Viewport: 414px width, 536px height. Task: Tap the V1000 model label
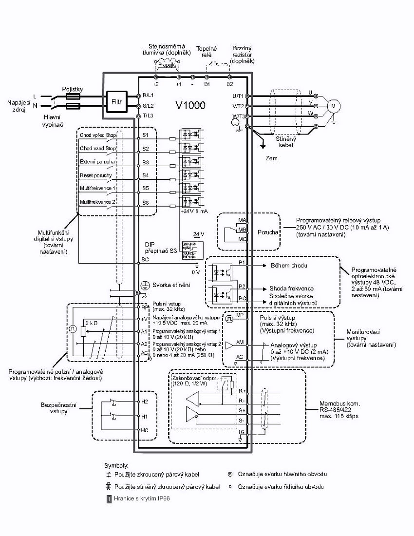pyautogui.click(x=190, y=105)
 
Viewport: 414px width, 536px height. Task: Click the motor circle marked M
pyautogui.click(x=334, y=105)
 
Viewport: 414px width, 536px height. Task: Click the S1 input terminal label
pyautogui.click(x=145, y=134)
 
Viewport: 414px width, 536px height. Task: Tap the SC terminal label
pyautogui.click(x=145, y=259)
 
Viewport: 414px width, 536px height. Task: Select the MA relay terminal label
pyautogui.click(x=242, y=221)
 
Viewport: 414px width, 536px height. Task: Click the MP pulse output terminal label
pyautogui.click(x=240, y=315)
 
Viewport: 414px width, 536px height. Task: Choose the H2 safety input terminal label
pyautogui.click(x=144, y=402)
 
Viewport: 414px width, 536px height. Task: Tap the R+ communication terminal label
pyautogui.click(x=242, y=390)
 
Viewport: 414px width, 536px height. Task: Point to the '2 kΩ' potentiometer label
pyautogui.click(x=91, y=323)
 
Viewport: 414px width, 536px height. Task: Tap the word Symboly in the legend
pyautogui.click(x=116, y=465)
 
